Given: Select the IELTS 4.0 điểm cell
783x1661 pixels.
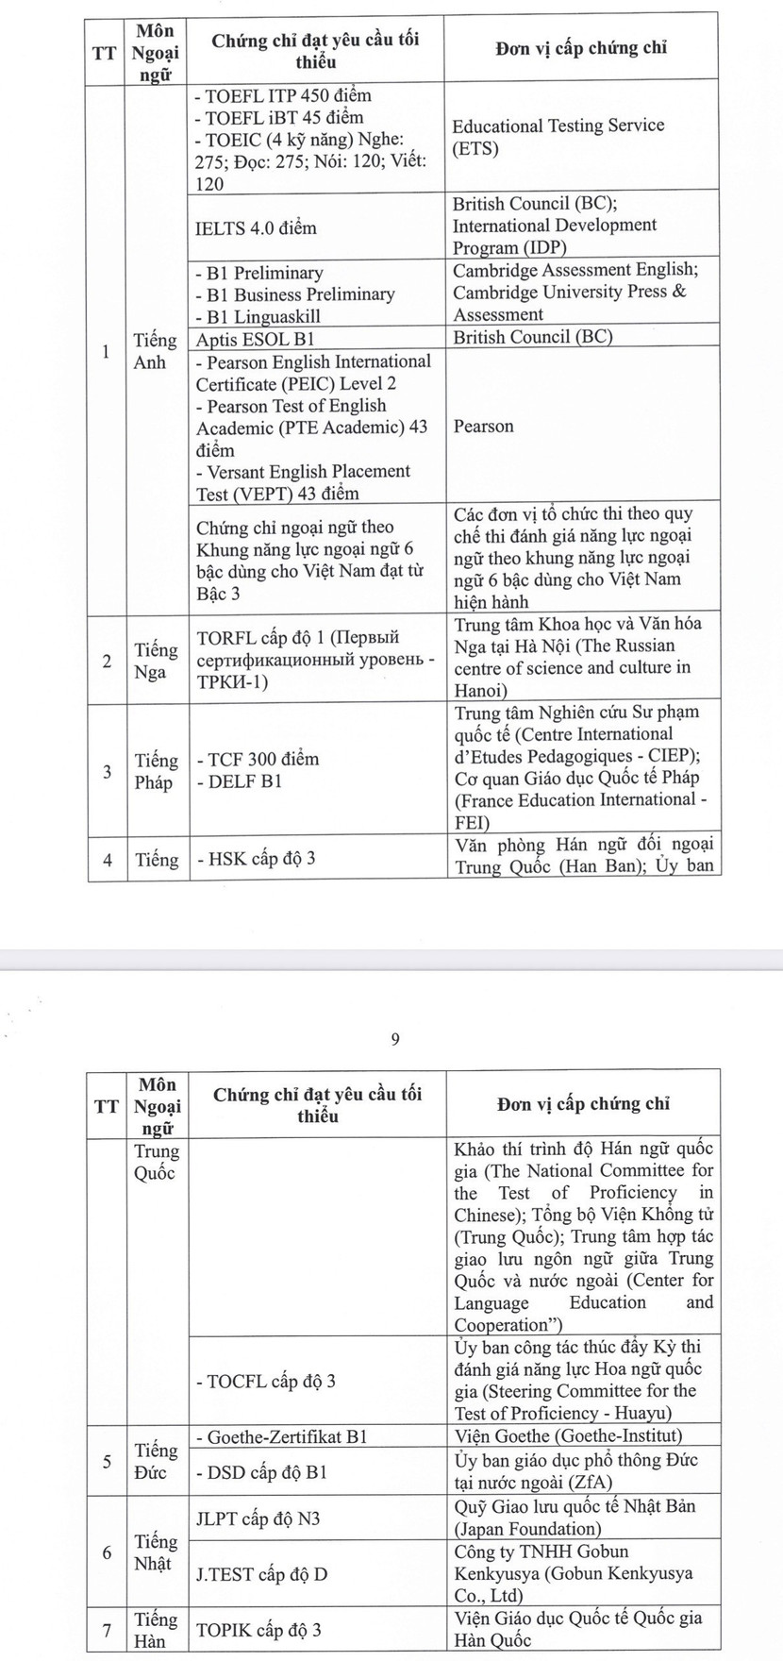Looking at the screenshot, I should click(x=256, y=227).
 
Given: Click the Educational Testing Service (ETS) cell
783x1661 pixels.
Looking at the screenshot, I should click(x=558, y=137).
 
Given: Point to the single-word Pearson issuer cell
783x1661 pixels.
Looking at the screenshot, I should click(x=484, y=427).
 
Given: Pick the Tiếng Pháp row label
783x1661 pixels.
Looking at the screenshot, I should click(x=156, y=771).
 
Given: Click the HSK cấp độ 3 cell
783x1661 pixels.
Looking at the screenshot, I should click(x=256, y=859).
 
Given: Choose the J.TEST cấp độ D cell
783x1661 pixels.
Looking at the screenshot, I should click(x=261, y=1574).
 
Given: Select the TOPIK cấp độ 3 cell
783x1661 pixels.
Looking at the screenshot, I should click(x=258, y=1630).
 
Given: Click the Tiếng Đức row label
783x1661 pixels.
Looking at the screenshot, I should click(x=156, y=1460).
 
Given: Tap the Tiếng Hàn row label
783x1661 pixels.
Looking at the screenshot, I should click(x=156, y=1630).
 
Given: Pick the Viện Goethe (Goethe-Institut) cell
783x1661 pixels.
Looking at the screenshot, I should click(x=567, y=1436).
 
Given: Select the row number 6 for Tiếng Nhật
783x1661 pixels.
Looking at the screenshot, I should click(x=107, y=1552).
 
